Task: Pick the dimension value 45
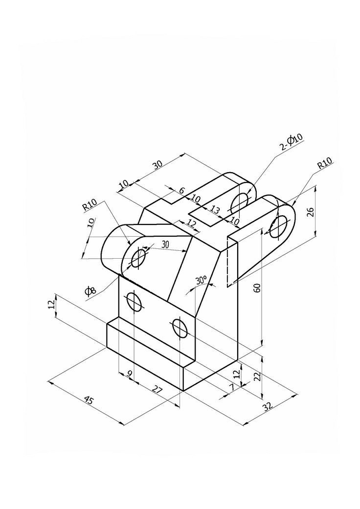[x=89, y=400]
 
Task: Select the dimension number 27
[x=157, y=390]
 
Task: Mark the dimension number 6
[x=181, y=191]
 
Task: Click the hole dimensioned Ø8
[x=138, y=257]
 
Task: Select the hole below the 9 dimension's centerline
[x=135, y=301]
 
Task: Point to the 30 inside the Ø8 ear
[x=164, y=245]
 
